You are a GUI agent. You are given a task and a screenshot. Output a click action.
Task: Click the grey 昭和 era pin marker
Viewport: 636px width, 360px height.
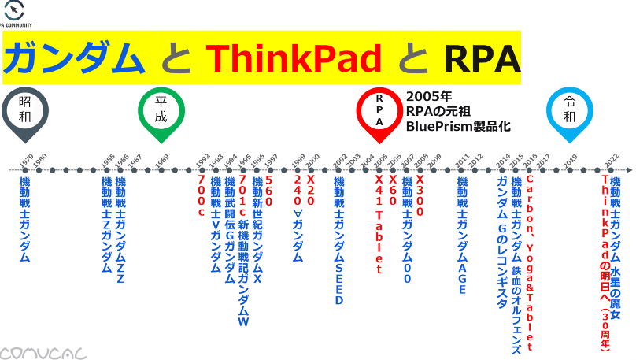coord(25,110)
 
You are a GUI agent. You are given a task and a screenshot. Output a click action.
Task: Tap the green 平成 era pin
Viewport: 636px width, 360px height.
coord(161,111)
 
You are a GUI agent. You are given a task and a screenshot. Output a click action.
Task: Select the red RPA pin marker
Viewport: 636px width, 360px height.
coord(379,111)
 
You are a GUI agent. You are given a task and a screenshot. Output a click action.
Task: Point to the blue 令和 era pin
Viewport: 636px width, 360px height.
coord(569,109)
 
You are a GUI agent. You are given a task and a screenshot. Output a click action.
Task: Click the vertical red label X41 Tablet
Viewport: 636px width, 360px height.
coord(379,225)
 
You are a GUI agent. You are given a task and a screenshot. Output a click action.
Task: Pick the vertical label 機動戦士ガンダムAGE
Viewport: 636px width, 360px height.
coord(462,236)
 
